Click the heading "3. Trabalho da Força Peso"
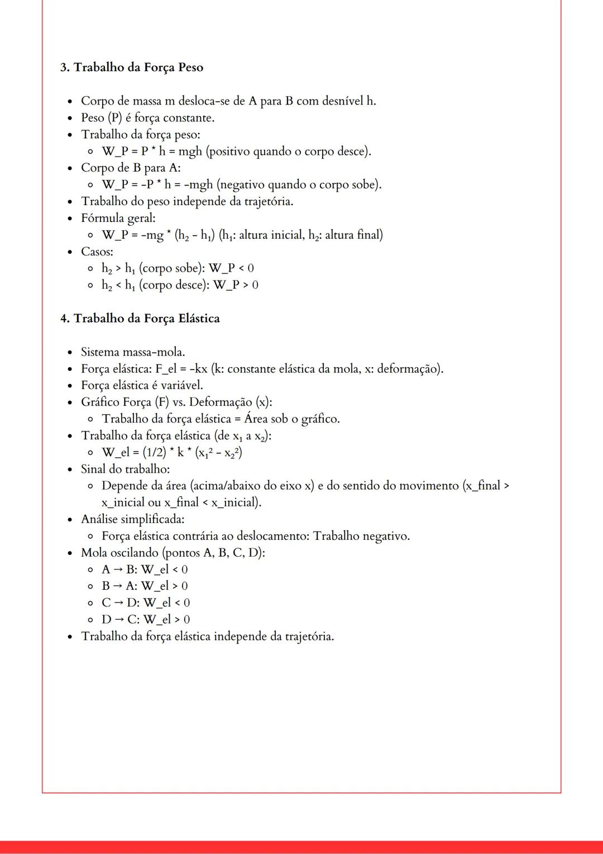pyautogui.click(x=132, y=68)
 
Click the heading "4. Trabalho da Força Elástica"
pyautogui.click(x=140, y=319)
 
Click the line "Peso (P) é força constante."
pyautogui.click(x=147, y=118)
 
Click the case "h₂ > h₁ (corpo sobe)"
pyautogui.click(x=150, y=269)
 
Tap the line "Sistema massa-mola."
pyautogui.click(x=133, y=352)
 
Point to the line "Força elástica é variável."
pyautogui.click(x=142, y=386)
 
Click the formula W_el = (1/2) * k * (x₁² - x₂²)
pyautogui.click(x=172, y=453)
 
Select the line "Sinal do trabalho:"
pyautogui.click(x=125, y=469)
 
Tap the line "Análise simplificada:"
pyautogui.click(x=132, y=519)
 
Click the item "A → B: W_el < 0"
pyautogui.click(x=145, y=570)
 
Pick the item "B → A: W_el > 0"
pyautogui.click(x=145, y=586)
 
